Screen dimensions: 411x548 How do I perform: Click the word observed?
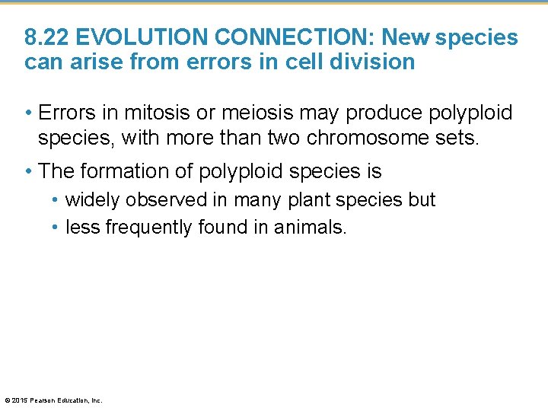165,200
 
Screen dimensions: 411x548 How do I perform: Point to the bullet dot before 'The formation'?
28,172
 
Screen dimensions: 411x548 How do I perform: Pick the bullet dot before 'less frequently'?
56,228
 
